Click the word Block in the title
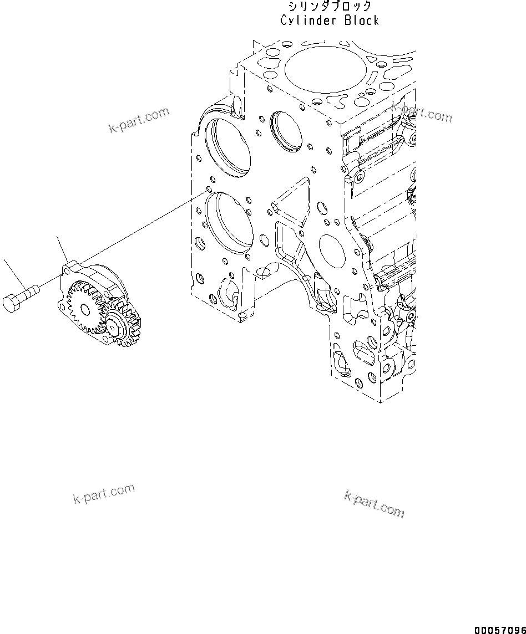click(x=361, y=21)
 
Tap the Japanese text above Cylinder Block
click(x=330, y=7)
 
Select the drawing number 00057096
click(x=499, y=630)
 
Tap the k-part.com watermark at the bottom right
click(x=375, y=503)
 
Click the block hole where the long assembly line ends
click(x=209, y=188)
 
